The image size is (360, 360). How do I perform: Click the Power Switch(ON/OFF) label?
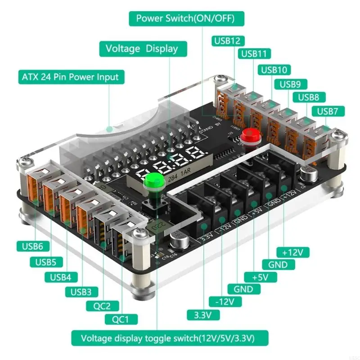pos(184,19)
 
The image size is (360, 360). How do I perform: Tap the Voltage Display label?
pos(141,49)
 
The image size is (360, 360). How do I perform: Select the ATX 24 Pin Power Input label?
pos(70,77)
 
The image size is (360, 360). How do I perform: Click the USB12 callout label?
pos(227,41)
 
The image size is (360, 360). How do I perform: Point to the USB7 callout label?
pos(331,111)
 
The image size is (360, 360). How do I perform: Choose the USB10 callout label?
pos(274,70)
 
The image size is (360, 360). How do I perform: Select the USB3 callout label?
pos(81,292)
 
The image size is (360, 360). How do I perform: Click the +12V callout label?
pos(293,251)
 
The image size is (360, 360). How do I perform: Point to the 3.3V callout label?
pos(202,315)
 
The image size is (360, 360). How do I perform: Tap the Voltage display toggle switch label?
pos(170,337)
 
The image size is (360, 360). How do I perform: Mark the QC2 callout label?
pos(103,306)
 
